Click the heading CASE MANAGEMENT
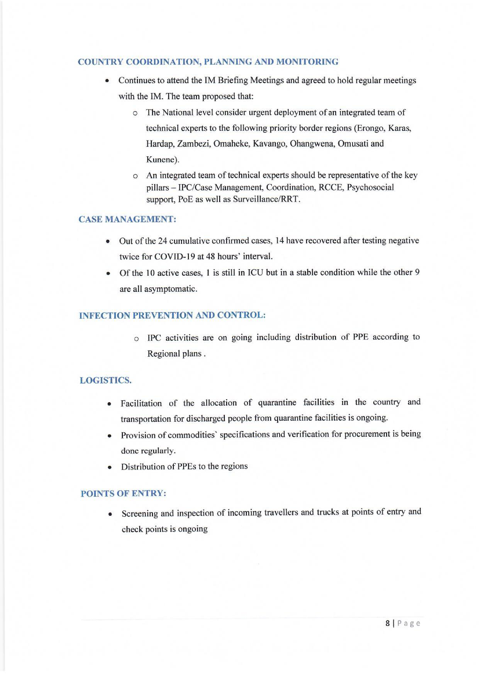pos(127,219)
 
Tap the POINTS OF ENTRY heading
pos(123,494)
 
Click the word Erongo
pos(370,129)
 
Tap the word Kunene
pos(162,160)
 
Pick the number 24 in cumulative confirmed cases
pos(162,241)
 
